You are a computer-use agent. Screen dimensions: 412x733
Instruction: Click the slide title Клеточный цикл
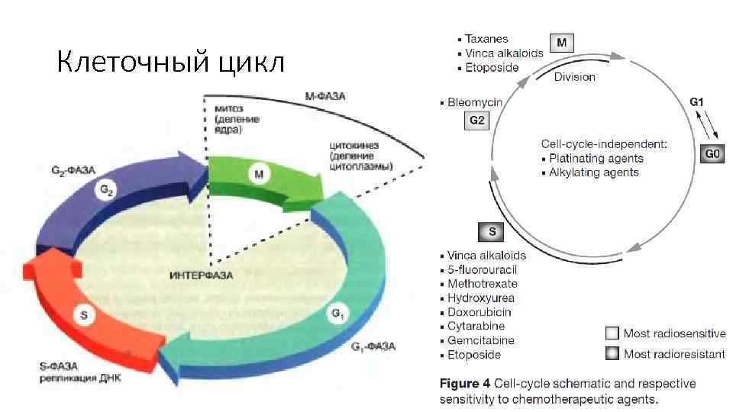pyautogui.click(x=170, y=62)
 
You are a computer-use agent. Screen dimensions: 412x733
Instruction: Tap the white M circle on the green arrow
pyautogui.click(x=260, y=175)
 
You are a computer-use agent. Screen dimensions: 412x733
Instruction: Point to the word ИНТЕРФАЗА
pyautogui.click(x=201, y=275)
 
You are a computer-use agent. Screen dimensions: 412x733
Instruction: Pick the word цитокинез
pyautogui.click(x=355, y=144)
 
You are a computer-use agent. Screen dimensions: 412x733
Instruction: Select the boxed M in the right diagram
pyautogui.click(x=562, y=43)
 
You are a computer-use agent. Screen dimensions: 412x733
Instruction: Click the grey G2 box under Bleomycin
pyautogui.click(x=476, y=121)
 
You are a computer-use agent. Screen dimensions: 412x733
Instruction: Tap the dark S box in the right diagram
pyautogui.click(x=492, y=231)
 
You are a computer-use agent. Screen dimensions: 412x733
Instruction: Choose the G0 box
pyautogui.click(x=711, y=154)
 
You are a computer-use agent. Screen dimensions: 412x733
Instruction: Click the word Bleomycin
pyautogui.click(x=474, y=101)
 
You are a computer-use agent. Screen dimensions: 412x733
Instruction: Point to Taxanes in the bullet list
pyautogui.click(x=486, y=39)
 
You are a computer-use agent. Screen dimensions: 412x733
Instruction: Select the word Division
pyautogui.click(x=574, y=77)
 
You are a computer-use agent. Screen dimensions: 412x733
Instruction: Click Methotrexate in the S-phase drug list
pyautogui.click(x=482, y=284)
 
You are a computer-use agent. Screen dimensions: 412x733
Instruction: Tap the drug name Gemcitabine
pyautogui.click(x=480, y=340)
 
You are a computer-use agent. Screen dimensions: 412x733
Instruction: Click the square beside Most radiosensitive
pyautogui.click(x=612, y=333)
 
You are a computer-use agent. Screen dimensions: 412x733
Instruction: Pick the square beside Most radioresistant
pyautogui.click(x=612, y=353)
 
